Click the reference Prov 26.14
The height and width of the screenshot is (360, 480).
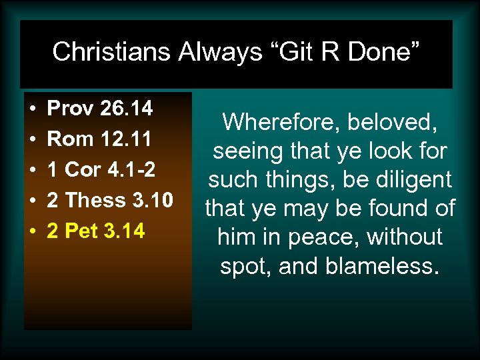pyautogui.click(x=100, y=108)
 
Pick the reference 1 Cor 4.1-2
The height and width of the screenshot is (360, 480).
pyautogui.click(x=102, y=170)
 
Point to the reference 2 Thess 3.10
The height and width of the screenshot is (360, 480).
pyautogui.click(x=111, y=201)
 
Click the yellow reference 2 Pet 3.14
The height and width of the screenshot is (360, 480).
pyautogui.click(x=96, y=231)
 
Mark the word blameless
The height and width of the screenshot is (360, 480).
pyautogui.click(x=384, y=266)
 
